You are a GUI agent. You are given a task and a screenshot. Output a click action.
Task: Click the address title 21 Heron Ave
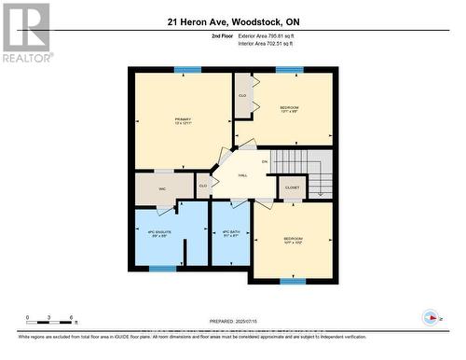[233, 21]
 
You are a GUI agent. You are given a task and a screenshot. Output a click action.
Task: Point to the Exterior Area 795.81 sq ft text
[272, 35]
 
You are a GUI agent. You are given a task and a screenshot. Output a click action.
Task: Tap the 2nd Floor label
[223, 35]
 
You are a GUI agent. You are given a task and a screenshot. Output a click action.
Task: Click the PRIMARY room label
[183, 120]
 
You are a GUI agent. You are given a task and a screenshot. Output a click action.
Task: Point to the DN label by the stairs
[265, 161]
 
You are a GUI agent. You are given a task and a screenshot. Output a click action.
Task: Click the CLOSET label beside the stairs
[292, 187]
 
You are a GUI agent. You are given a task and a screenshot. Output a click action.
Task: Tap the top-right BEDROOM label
[290, 109]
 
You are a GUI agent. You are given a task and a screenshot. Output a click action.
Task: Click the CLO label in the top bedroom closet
[243, 95]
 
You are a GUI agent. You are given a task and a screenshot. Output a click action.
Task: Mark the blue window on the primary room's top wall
[187, 69]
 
